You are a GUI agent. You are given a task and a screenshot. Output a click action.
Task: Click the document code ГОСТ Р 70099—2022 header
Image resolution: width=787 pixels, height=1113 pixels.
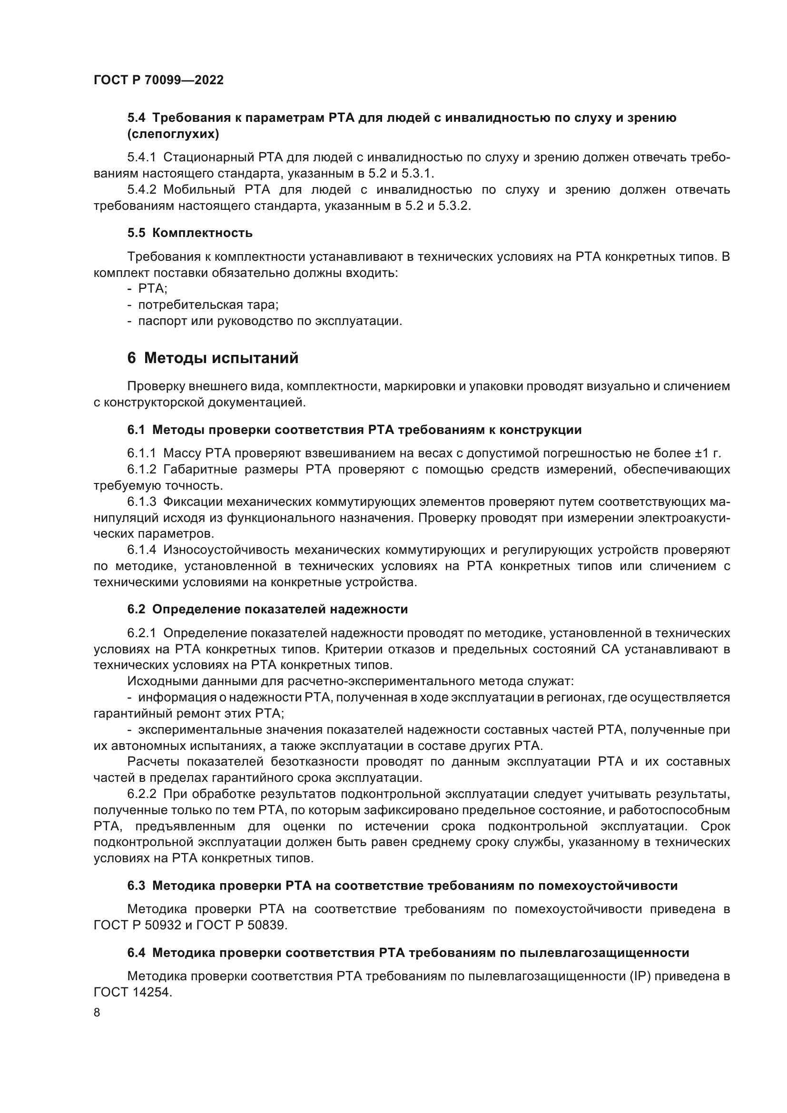158,80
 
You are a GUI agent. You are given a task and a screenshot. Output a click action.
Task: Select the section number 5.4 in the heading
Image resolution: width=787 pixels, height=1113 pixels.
136,118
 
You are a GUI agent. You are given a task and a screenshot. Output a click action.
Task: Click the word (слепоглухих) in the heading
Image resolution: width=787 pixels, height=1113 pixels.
173,134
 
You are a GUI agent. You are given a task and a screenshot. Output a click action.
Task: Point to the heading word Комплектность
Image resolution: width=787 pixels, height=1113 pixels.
202,233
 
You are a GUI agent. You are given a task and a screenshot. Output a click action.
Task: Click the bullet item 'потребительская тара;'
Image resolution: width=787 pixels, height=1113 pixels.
208,305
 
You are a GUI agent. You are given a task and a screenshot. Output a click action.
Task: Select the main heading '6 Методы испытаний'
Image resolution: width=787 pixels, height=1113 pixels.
213,358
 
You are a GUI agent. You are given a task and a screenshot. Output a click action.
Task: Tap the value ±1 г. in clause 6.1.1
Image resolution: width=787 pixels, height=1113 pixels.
708,454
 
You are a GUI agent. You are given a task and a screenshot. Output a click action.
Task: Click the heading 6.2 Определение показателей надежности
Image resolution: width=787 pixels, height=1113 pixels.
267,610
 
